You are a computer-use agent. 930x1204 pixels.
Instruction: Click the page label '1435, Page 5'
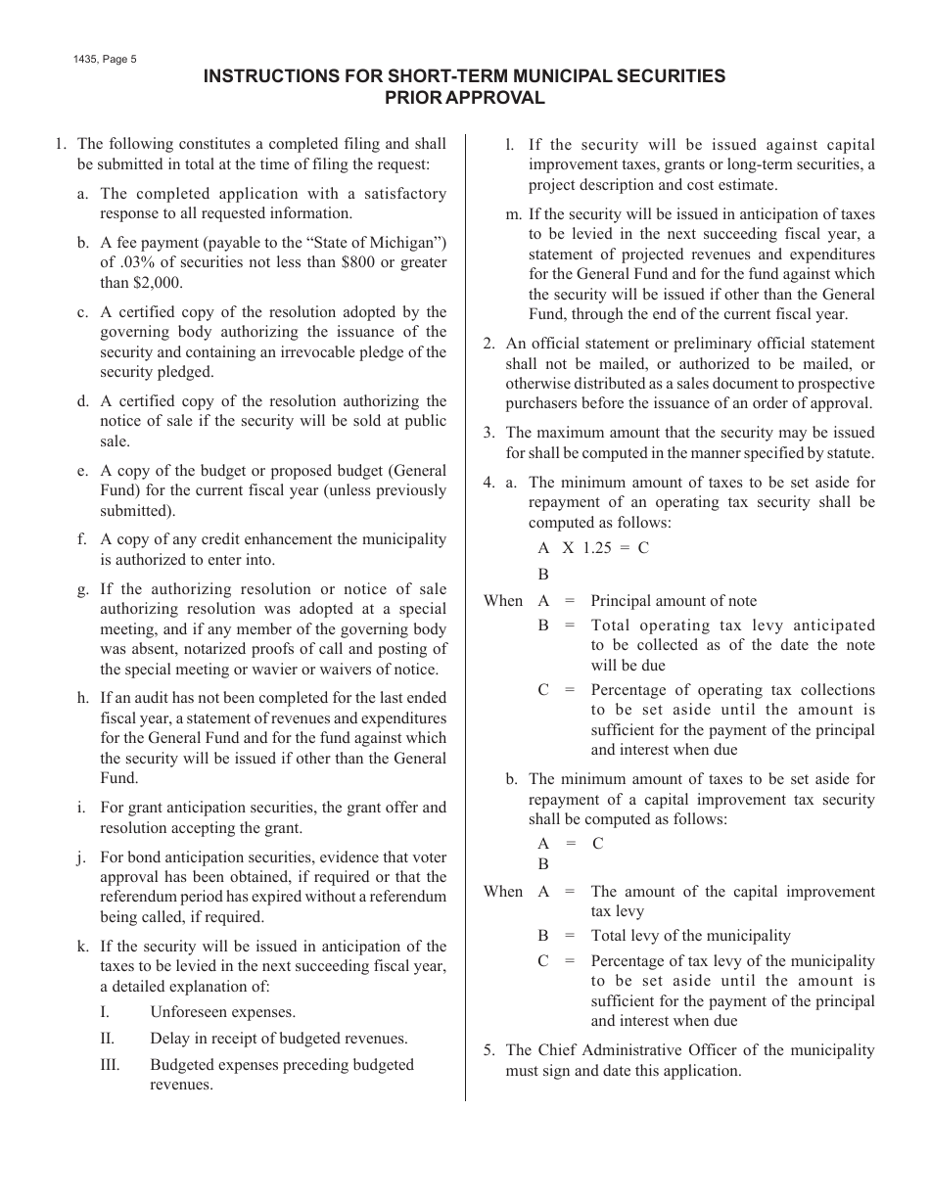coord(105,59)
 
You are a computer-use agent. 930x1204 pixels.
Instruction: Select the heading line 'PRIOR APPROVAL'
coord(464,98)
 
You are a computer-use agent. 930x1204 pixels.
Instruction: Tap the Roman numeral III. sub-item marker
coord(111,1065)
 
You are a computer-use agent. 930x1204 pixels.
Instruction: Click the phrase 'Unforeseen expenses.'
coord(222,1012)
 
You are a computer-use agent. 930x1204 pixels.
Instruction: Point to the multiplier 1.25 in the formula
coord(597,548)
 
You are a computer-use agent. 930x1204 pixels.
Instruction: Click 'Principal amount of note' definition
coord(674,601)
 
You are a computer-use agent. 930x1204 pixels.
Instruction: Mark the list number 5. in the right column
coord(489,1050)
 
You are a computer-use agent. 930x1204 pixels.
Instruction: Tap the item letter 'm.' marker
coord(513,214)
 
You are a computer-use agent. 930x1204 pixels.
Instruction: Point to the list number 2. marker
coord(489,344)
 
